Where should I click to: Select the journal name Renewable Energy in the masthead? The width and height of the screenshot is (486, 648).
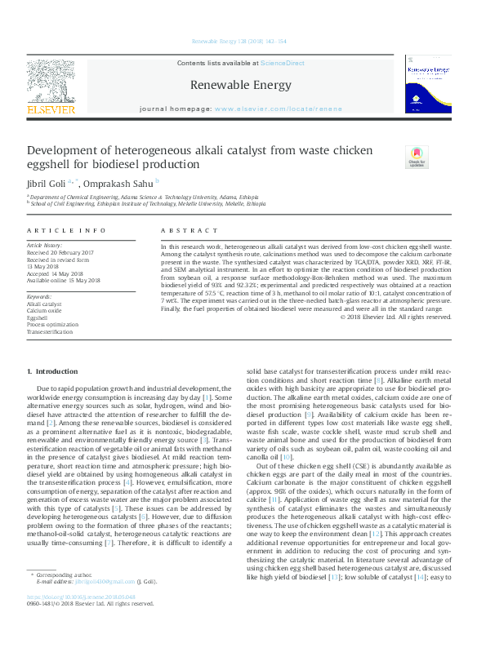pos(240,85)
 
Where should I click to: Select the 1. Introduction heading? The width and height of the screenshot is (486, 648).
pos(53,372)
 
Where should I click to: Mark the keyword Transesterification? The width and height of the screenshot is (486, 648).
pos(49,333)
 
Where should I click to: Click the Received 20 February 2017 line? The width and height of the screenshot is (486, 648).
pos(60,252)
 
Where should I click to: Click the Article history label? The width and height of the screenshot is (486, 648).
pos(44,245)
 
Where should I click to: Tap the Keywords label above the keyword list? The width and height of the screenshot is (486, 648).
pos(39,296)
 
